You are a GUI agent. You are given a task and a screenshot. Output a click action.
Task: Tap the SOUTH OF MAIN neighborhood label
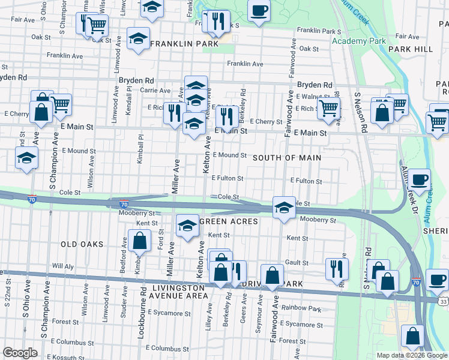click(287, 158)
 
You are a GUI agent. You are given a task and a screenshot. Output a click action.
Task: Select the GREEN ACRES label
click(228, 221)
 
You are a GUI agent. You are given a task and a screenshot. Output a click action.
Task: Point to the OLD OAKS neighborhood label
click(82, 244)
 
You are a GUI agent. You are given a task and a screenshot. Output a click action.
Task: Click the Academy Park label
click(359, 41)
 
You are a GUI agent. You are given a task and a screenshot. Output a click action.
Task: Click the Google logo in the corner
click(20, 353)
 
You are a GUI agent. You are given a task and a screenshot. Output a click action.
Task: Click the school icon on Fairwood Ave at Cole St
click(284, 207)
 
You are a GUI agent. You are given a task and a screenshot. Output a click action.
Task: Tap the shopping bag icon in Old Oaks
click(139, 241)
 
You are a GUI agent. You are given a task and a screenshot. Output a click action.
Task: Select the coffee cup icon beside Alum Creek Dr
click(420, 178)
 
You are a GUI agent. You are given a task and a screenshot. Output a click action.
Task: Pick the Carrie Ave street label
click(155, 91)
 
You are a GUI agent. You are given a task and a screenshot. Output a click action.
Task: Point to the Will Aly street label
click(62, 265)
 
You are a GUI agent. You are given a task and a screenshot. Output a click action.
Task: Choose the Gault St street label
click(297, 262)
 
